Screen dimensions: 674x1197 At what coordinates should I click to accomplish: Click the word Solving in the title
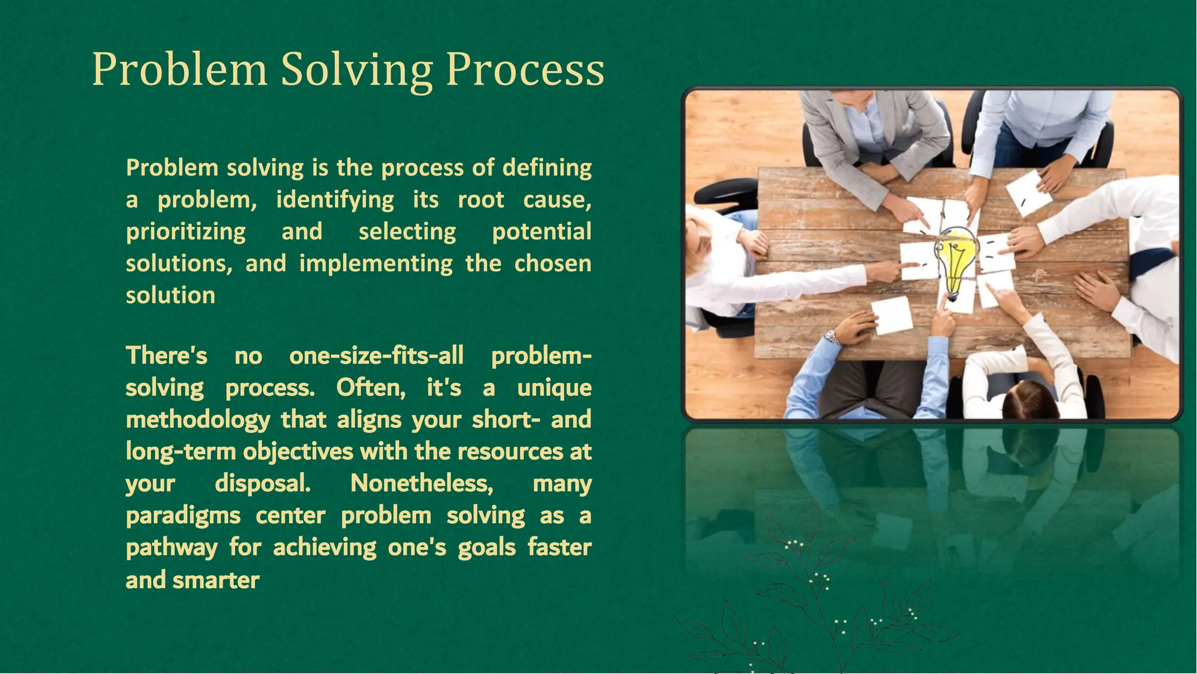(x=357, y=70)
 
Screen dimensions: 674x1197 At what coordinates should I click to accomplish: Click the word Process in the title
(x=525, y=70)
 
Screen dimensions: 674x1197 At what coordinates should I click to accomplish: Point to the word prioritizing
(x=186, y=232)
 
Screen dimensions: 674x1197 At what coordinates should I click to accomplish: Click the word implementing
(x=376, y=264)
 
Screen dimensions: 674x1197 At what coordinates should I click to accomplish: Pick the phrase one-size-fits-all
(x=376, y=355)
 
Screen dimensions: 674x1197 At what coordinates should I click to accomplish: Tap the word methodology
(x=198, y=420)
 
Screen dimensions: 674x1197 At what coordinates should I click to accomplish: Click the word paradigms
(x=183, y=516)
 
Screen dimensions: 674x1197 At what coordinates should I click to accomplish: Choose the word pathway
(x=171, y=548)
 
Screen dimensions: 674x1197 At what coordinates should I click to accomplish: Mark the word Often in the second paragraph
(x=371, y=388)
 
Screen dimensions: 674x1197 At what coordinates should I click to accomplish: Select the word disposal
(x=262, y=483)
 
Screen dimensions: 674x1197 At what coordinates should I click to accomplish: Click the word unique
(x=554, y=388)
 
